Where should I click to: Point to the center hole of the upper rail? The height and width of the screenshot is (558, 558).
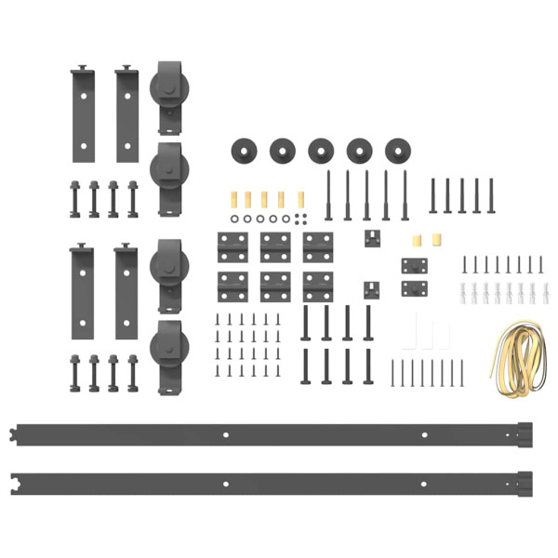coord(226,434)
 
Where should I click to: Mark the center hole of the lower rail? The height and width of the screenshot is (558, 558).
coord(226,484)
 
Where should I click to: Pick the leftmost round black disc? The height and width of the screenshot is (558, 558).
coord(244,149)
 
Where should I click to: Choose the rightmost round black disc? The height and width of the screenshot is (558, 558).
coord(398,149)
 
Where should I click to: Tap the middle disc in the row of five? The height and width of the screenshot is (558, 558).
coord(321,149)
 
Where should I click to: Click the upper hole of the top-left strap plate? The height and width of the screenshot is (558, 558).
coord(82,94)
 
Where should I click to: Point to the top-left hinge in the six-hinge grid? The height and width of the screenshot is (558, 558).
coord(232,246)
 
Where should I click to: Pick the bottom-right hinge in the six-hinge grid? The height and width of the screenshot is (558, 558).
coord(318,286)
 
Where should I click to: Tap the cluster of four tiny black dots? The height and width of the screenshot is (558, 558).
coord(298,219)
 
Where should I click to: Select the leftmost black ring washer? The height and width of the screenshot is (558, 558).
coord(233,219)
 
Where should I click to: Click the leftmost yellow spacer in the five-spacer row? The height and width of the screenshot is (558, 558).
coord(232,199)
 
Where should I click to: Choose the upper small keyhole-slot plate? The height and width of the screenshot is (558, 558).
coord(373,238)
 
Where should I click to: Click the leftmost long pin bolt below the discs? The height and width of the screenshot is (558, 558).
coord(328,195)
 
